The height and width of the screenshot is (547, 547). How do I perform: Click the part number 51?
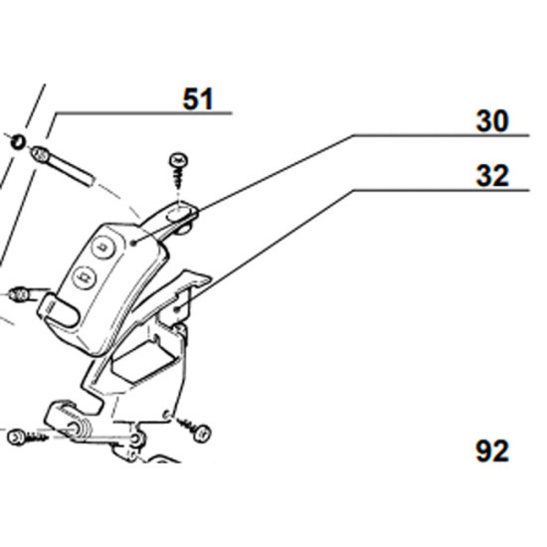pos(198,99)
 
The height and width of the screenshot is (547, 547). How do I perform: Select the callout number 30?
pos(492,121)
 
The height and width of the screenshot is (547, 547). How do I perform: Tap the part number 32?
pos(492,176)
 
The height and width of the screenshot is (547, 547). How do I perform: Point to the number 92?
pos(492,452)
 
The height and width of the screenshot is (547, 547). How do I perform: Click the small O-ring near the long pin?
pos(18,141)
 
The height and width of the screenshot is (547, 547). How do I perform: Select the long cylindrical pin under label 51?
pos(63,166)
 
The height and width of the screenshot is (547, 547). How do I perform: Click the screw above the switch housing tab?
pos(179,168)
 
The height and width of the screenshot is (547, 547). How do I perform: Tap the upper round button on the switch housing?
pos(102,247)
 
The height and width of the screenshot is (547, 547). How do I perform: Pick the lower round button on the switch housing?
pos(85,277)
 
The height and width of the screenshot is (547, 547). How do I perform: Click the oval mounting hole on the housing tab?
pos(179,213)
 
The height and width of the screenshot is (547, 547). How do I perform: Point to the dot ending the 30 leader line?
pos(133,242)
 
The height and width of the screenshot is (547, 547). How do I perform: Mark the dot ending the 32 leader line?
pos(177,308)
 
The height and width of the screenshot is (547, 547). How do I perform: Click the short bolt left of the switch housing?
pos(28,293)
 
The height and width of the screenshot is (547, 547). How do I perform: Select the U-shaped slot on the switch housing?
pos(60,309)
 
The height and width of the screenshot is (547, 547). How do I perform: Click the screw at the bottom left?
pos(27,438)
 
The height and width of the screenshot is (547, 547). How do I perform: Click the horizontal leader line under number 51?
pos(142,113)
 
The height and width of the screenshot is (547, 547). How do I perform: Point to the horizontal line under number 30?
pos(441,135)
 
